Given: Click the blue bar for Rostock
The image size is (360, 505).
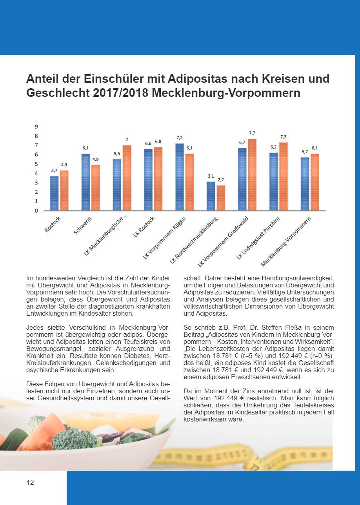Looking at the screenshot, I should (x=55, y=193).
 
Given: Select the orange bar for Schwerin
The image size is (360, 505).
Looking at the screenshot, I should (x=95, y=187).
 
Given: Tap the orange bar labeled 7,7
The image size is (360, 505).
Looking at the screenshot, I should (x=252, y=174).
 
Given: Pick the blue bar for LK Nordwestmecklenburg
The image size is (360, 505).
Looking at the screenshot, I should (x=211, y=196).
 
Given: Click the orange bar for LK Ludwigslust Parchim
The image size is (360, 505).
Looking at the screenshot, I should (x=283, y=176).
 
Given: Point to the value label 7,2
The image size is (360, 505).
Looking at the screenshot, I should (x=180, y=138).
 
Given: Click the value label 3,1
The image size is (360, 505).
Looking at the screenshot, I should (x=211, y=176).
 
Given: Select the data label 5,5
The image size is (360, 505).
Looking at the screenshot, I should (x=117, y=154).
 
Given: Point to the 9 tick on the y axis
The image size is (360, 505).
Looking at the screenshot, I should (x=36, y=127).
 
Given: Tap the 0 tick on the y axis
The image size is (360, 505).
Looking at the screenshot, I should (x=36, y=211).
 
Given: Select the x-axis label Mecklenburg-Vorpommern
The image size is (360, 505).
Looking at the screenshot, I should (x=288, y=241).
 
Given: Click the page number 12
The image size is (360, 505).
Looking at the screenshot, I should (x=30, y=483).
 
